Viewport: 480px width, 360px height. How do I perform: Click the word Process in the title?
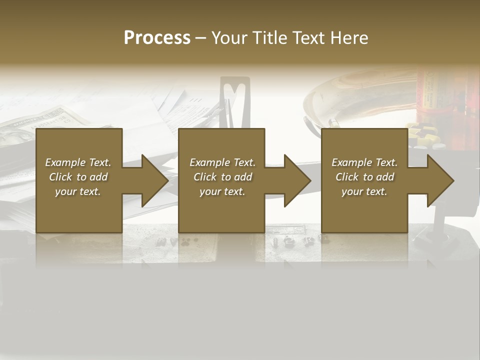(x=157, y=38)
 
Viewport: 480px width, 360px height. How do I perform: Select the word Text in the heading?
(x=309, y=38)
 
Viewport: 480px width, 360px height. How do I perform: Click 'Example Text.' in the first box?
(x=78, y=162)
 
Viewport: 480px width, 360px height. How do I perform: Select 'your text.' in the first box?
(x=78, y=191)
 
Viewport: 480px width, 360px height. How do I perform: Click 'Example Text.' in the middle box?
(x=222, y=162)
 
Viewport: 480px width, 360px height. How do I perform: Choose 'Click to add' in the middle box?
(x=222, y=177)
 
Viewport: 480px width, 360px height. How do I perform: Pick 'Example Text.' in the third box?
(x=364, y=162)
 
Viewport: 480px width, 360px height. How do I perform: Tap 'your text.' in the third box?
(x=364, y=191)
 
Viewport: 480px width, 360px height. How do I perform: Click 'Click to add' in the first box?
(x=78, y=177)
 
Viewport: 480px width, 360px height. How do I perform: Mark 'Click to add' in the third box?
(x=364, y=177)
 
